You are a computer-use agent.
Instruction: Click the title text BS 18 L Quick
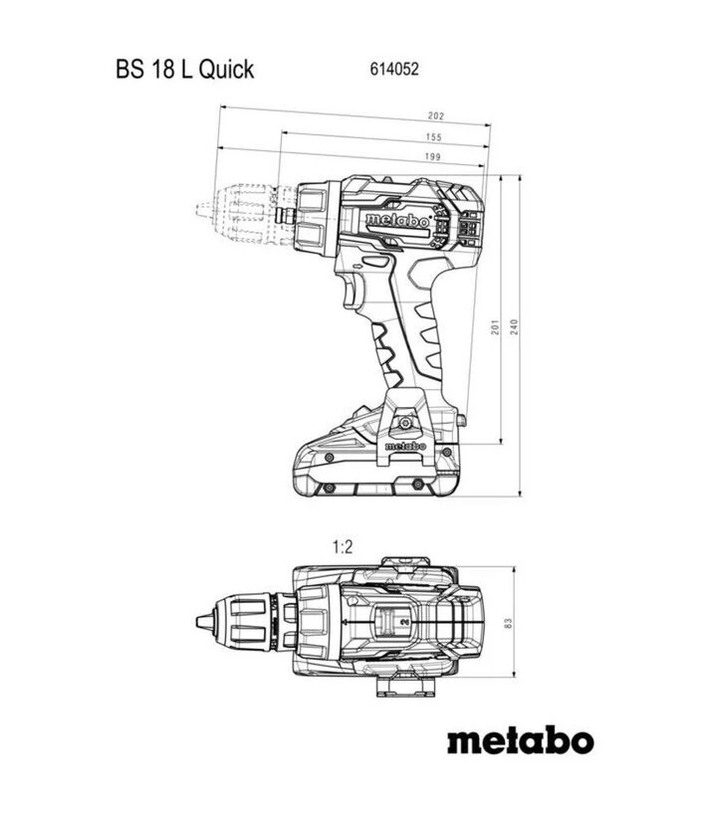pos(184,70)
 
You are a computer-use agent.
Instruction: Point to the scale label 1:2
pos(343,545)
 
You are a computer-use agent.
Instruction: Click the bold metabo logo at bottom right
pos(519,741)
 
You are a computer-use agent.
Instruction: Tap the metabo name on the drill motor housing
pos(396,220)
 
